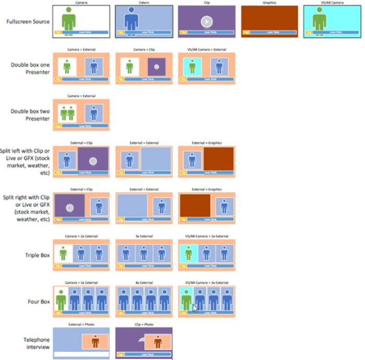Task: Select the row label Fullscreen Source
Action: (29, 22)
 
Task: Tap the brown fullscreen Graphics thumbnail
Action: (270, 21)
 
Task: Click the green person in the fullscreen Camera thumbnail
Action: (68, 20)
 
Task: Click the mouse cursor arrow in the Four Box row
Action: (195, 307)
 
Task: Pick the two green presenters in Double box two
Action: (66, 113)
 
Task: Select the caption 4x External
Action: (144, 282)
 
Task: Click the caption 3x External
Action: (144, 237)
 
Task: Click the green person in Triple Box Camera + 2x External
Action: (64, 254)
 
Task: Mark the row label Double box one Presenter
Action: (30, 68)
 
